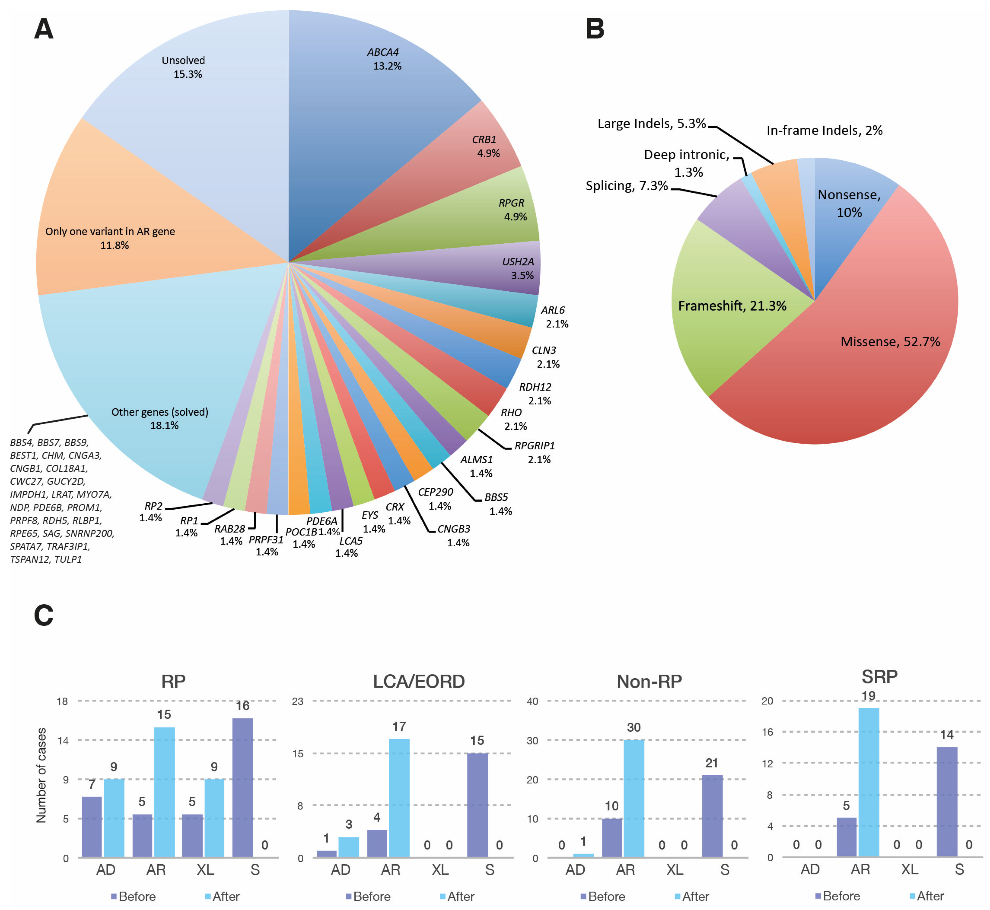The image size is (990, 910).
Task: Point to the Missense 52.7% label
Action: [890, 342]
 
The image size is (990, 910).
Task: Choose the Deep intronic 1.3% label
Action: [687, 163]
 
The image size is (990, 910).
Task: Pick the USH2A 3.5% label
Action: [518, 268]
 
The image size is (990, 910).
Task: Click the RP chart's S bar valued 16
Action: [243, 788]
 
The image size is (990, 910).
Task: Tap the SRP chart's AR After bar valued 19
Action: [869, 783]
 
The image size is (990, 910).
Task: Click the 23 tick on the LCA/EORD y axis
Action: [298, 701]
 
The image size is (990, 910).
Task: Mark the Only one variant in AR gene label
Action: [110, 238]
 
